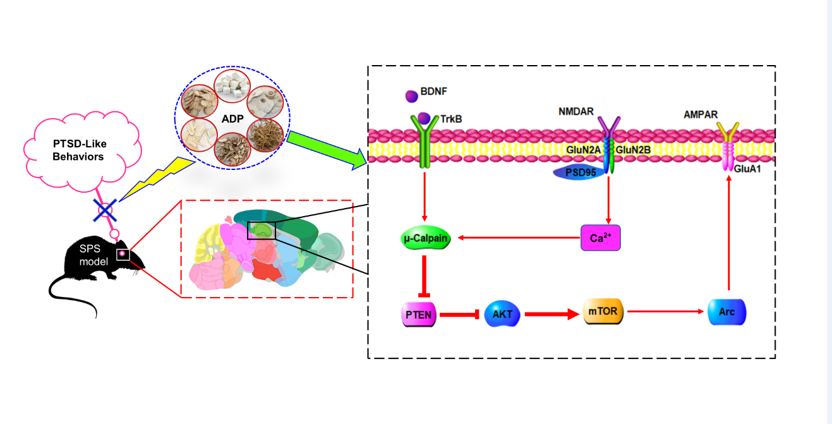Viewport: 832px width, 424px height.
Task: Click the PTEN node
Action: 418,314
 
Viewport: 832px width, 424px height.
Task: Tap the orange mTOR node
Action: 604,312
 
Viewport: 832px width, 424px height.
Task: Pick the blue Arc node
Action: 727,312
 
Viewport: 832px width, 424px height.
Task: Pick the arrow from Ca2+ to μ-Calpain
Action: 518,238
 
